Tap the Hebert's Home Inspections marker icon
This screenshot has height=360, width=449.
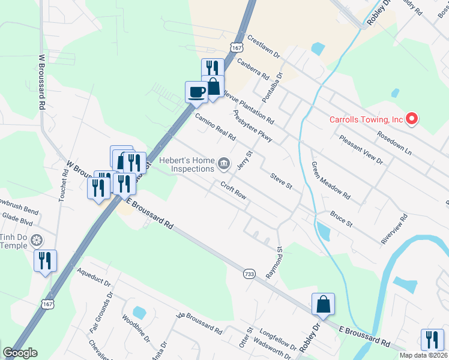pyautogui.click(x=224, y=163)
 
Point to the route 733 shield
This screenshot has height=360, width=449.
pyautogui.click(x=249, y=274)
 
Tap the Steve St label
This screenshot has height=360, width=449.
pyautogui.click(x=280, y=182)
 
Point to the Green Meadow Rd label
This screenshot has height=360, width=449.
pyautogui.click(x=330, y=181)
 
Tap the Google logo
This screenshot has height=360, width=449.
pyautogui.click(x=20, y=352)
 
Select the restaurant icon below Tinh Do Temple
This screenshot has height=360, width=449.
pyautogui.click(x=46, y=262)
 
